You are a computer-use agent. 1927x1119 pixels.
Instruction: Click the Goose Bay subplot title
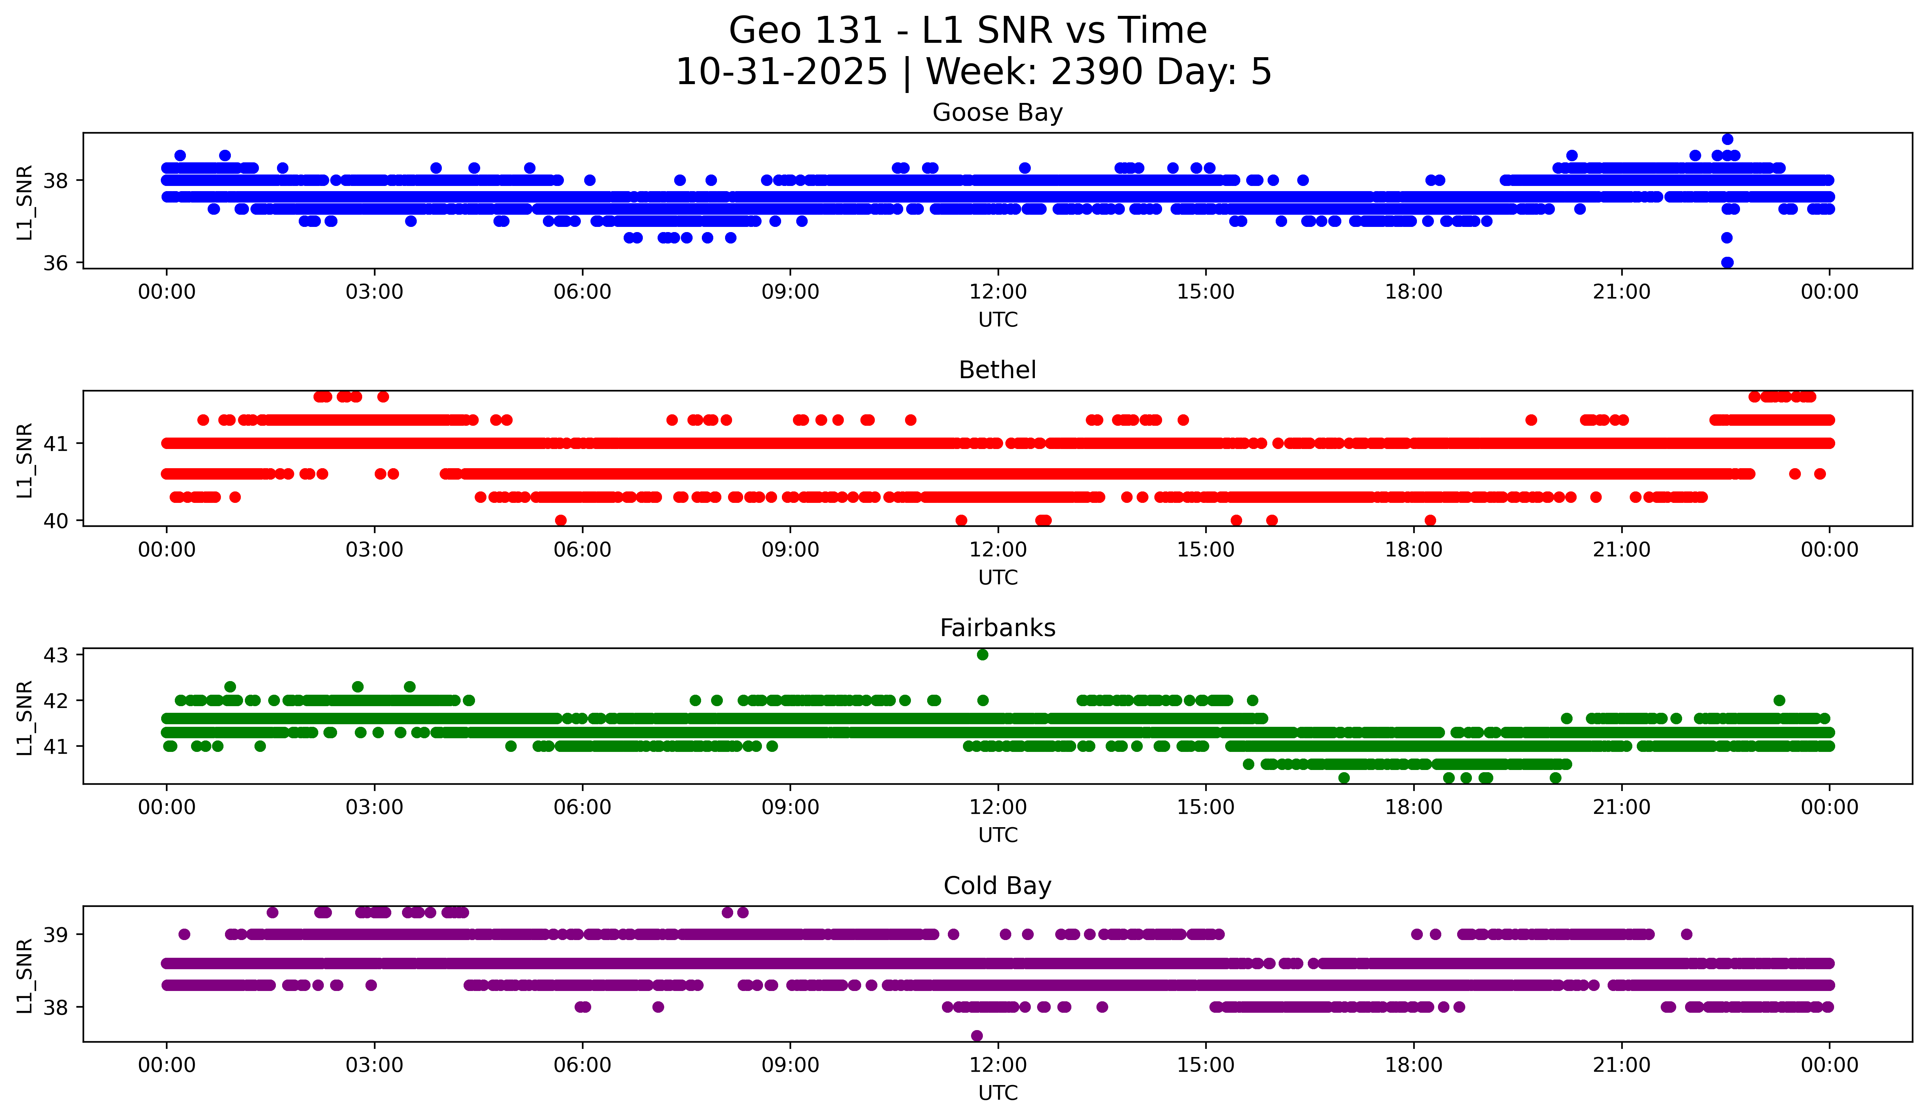coord(997,113)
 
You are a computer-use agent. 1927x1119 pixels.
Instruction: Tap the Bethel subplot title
coord(997,370)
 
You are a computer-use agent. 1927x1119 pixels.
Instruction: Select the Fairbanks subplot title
coord(997,628)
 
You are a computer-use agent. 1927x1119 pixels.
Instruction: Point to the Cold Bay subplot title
coord(997,886)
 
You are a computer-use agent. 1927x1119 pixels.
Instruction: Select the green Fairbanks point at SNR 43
coord(982,655)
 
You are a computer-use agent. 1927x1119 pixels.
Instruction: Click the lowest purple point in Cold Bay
coord(977,1036)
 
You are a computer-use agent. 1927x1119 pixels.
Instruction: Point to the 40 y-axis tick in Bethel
coord(55,521)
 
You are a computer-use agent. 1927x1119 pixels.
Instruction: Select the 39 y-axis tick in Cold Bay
coord(55,935)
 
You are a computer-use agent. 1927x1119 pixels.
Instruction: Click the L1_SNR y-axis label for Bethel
coord(24,460)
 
